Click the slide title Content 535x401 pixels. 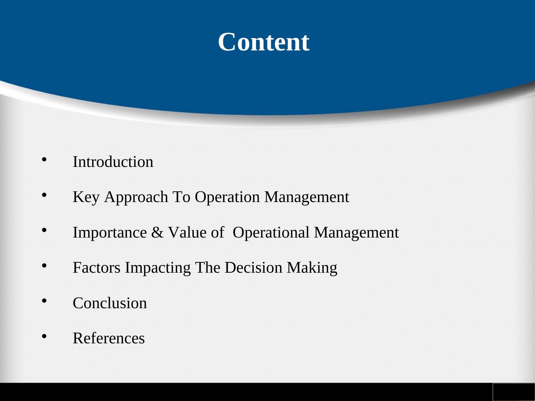264,42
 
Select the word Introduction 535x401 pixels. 113,162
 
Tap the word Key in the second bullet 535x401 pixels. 86,197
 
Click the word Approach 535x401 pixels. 136,197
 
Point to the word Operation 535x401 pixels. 227,197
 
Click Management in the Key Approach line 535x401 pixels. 306,197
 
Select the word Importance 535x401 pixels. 110,233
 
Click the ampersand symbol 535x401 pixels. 157,233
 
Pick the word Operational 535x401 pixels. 271,233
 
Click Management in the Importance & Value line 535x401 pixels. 356,233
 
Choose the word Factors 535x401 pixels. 97,268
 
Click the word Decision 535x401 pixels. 253,268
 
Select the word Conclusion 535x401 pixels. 110,303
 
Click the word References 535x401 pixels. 109,338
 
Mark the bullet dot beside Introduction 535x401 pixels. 44,160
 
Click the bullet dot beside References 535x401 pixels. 44,336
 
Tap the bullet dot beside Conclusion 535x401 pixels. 44,301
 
